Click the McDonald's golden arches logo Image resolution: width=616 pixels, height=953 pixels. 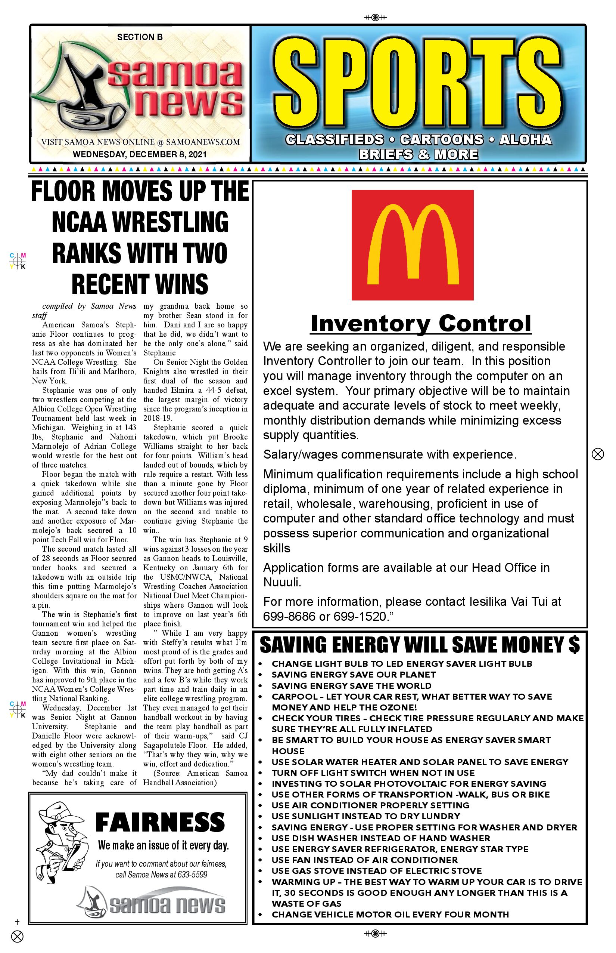point(413,245)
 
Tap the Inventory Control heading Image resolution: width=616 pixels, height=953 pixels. point(420,324)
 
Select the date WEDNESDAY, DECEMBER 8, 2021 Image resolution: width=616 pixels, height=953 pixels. point(140,154)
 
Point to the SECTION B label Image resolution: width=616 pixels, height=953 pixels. point(140,37)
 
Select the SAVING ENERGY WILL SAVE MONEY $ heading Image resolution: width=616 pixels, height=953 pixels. point(420,645)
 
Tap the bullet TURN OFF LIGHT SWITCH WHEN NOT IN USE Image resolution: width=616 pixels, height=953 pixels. point(373,773)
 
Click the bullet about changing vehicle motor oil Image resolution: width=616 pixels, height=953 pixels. point(390,914)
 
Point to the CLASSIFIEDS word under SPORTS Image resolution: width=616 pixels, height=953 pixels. point(335,140)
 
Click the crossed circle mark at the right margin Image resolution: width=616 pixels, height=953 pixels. point(598,454)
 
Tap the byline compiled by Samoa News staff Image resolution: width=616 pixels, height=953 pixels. point(84,310)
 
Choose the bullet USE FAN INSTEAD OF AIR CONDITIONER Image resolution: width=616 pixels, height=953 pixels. point(364,860)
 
